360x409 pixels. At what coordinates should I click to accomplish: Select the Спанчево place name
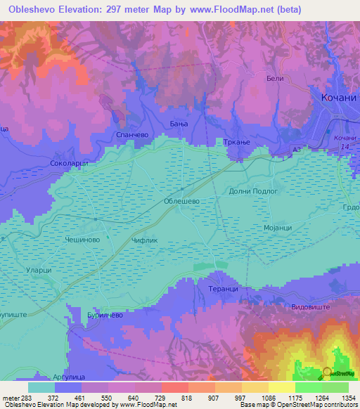[129, 132]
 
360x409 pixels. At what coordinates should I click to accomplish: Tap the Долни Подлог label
[254, 190]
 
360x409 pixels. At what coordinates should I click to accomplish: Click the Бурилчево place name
[105, 316]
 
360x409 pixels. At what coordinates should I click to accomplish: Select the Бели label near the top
[275, 79]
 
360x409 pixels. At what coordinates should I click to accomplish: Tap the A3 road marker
[297, 150]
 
